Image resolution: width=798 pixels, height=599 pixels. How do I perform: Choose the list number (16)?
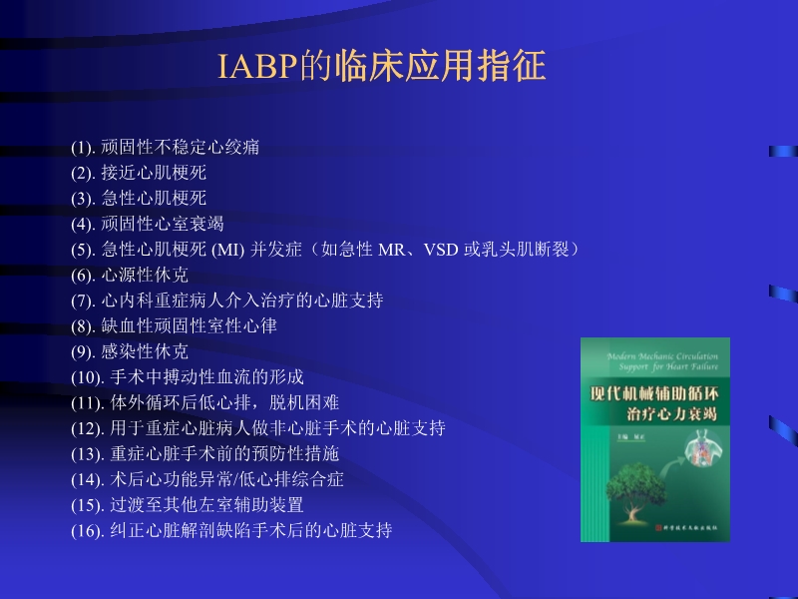click(x=87, y=530)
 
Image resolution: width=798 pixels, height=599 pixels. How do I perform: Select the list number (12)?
click(x=87, y=428)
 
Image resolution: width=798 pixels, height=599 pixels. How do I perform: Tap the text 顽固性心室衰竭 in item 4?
click(x=163, y=224)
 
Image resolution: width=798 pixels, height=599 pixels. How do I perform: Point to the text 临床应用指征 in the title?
click(x=442, y=67)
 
